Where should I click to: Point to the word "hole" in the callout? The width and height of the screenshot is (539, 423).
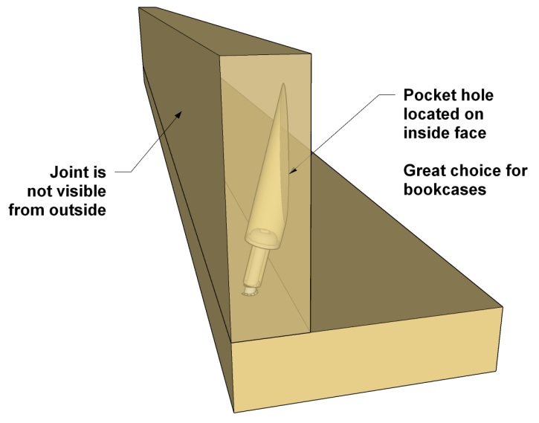[x=484, y=97]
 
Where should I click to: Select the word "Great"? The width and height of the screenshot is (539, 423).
[x=427, y=171]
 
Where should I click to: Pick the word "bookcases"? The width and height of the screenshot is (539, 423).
[x=445, y=190]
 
